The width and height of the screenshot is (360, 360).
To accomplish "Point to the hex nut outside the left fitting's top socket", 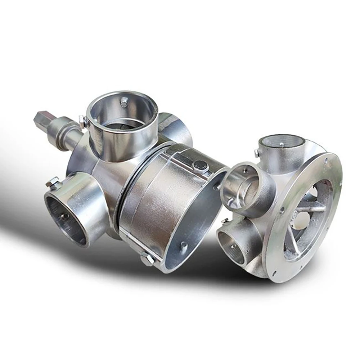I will pyautogui.click(x=82, y=120).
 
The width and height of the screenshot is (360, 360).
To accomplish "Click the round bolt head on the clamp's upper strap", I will pyautogui.click(x=199, y=166).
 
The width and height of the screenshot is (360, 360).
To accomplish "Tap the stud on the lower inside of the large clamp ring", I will pyautogui.click(x=184, y=246).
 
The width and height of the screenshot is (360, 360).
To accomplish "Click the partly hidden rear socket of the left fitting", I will pyautogui.click(x=176, y=126).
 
